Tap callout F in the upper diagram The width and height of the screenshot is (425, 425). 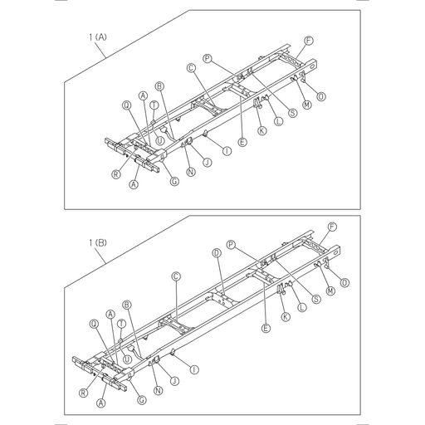309,41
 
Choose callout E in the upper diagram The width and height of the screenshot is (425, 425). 242,142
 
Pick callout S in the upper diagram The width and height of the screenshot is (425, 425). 293,113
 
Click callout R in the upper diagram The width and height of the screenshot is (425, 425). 115,174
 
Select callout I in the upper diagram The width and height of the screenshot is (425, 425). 227,150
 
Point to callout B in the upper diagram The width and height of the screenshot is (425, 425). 159,85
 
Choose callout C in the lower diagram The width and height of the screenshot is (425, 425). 176,276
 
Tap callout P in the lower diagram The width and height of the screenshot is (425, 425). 232,246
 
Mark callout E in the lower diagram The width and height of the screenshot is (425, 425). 266,329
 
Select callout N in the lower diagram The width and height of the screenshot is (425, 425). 157,390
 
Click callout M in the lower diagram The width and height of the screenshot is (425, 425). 330,291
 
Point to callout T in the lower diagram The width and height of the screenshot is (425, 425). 121,324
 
